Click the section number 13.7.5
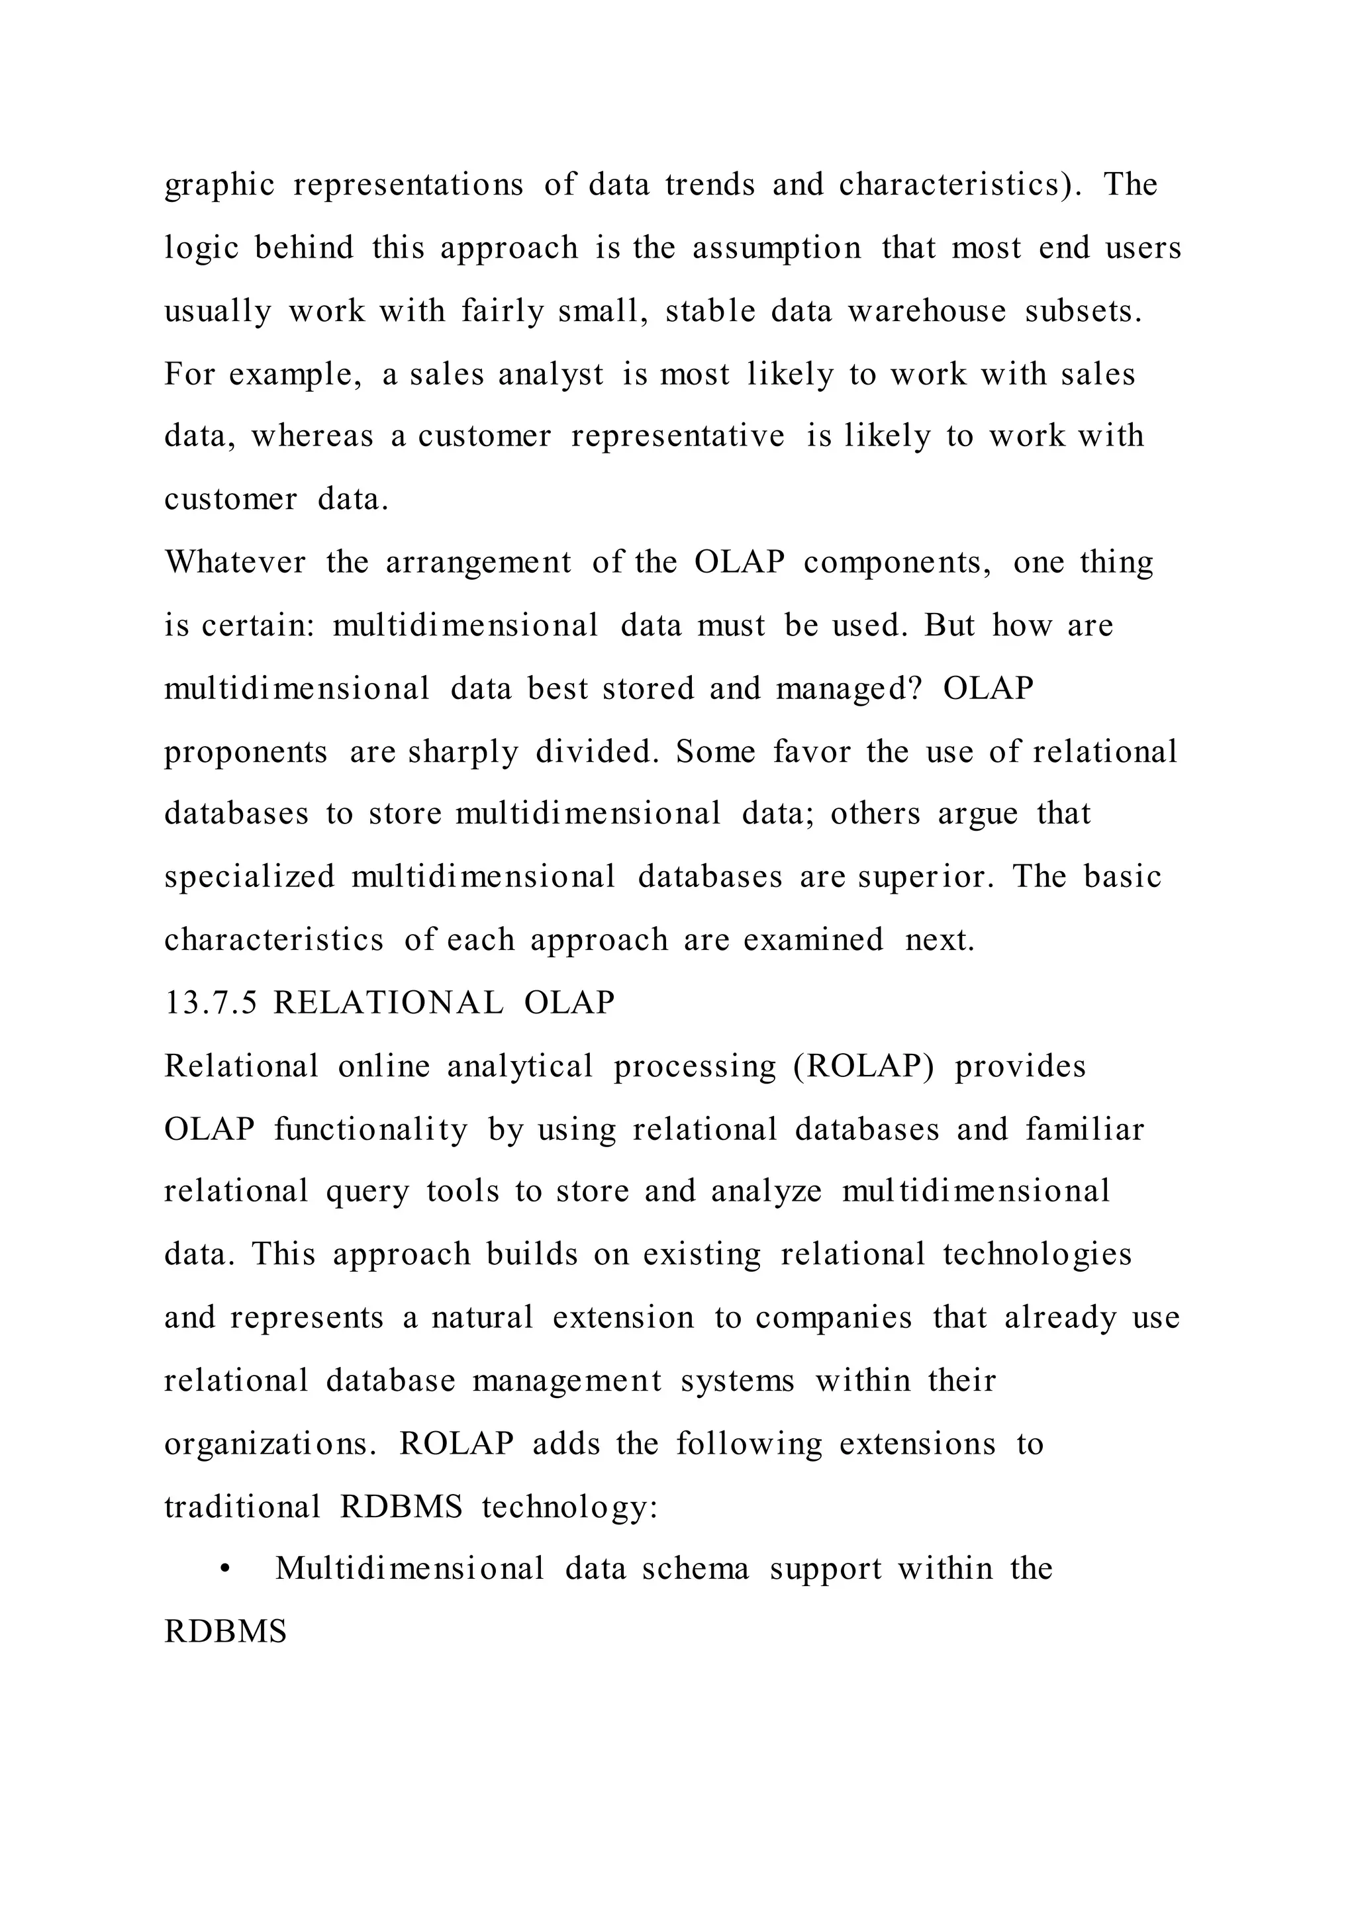(211, 1003)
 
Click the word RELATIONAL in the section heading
(388, 1003)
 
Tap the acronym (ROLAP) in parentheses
(863, 1066)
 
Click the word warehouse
(928, 311)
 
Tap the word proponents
(246, 752)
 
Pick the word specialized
(249, 876)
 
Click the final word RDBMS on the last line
(225, 1632)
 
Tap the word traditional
(242, 1507)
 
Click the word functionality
(371, 1130)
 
